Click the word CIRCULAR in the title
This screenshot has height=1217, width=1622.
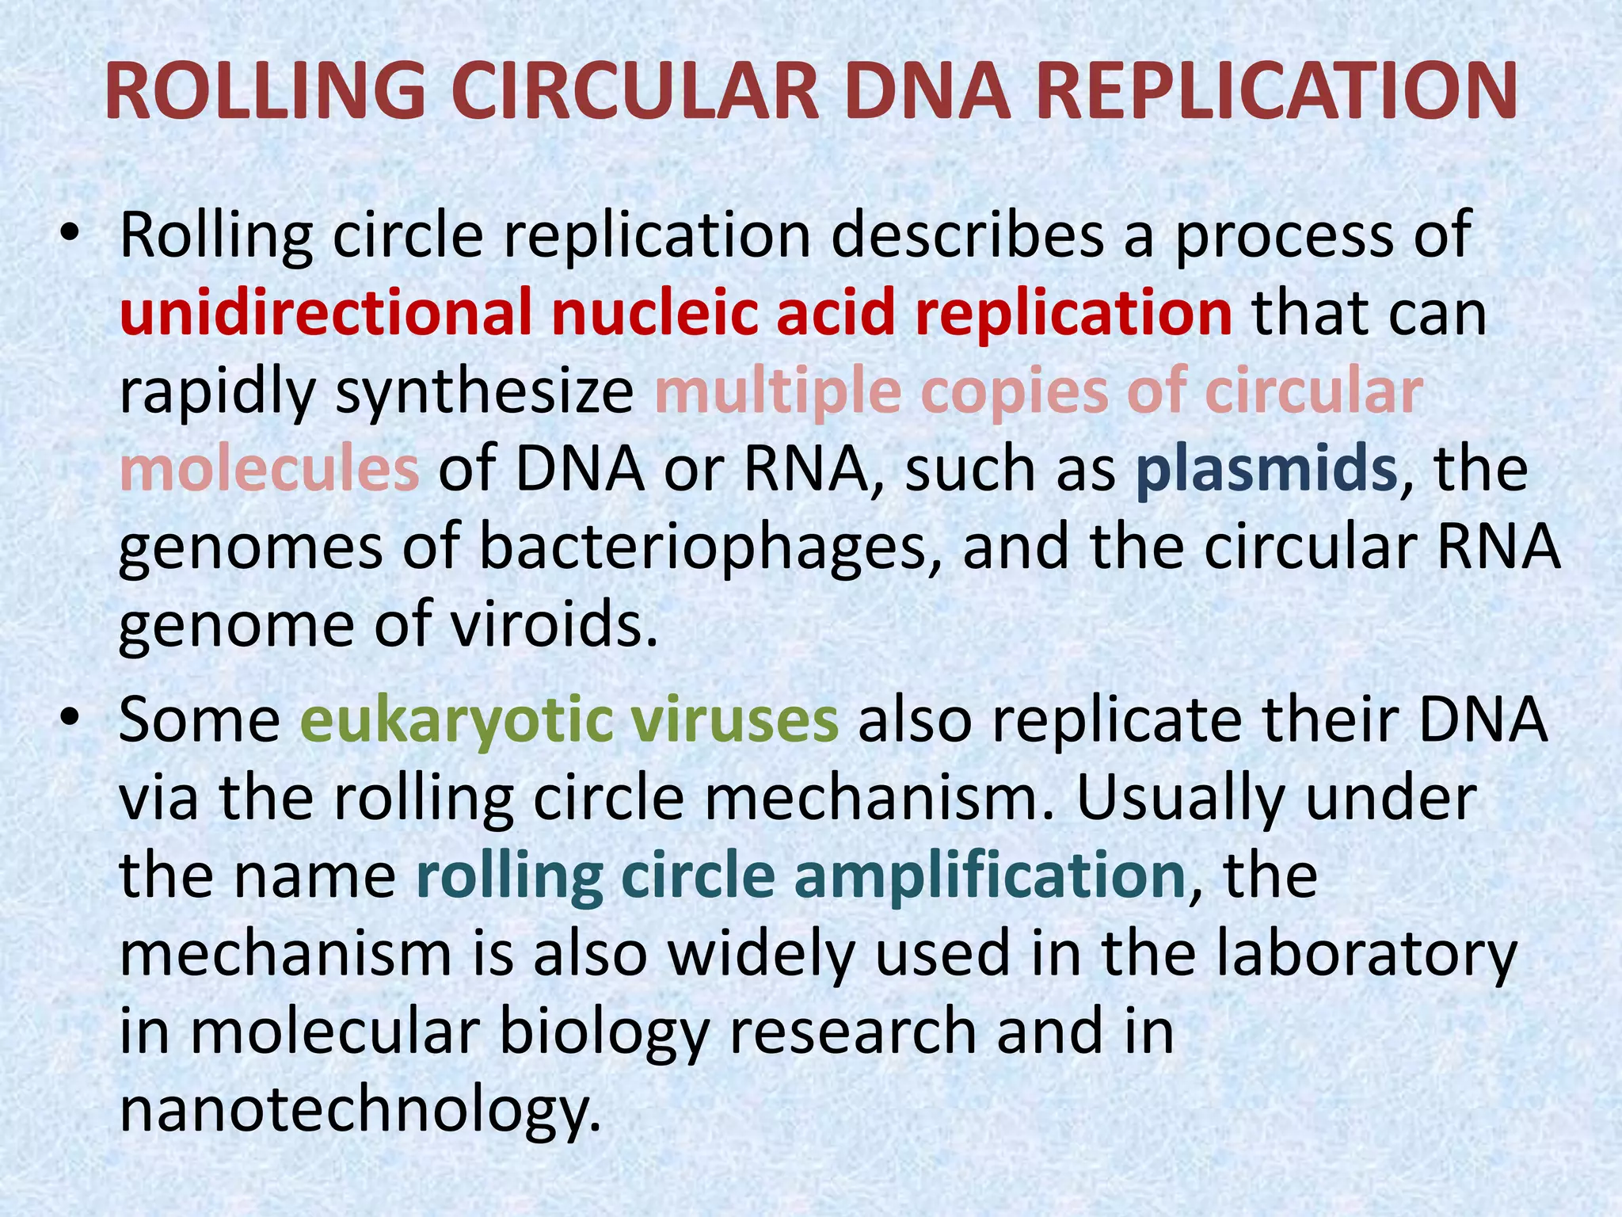pos(634,92)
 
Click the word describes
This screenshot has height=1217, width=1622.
pos(967,235)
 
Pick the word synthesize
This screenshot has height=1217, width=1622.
pos(485,393)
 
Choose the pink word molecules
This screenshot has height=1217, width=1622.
pos(269,469)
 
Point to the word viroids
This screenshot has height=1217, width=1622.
pos(554,624)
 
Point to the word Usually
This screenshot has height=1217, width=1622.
pos(1179,799)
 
